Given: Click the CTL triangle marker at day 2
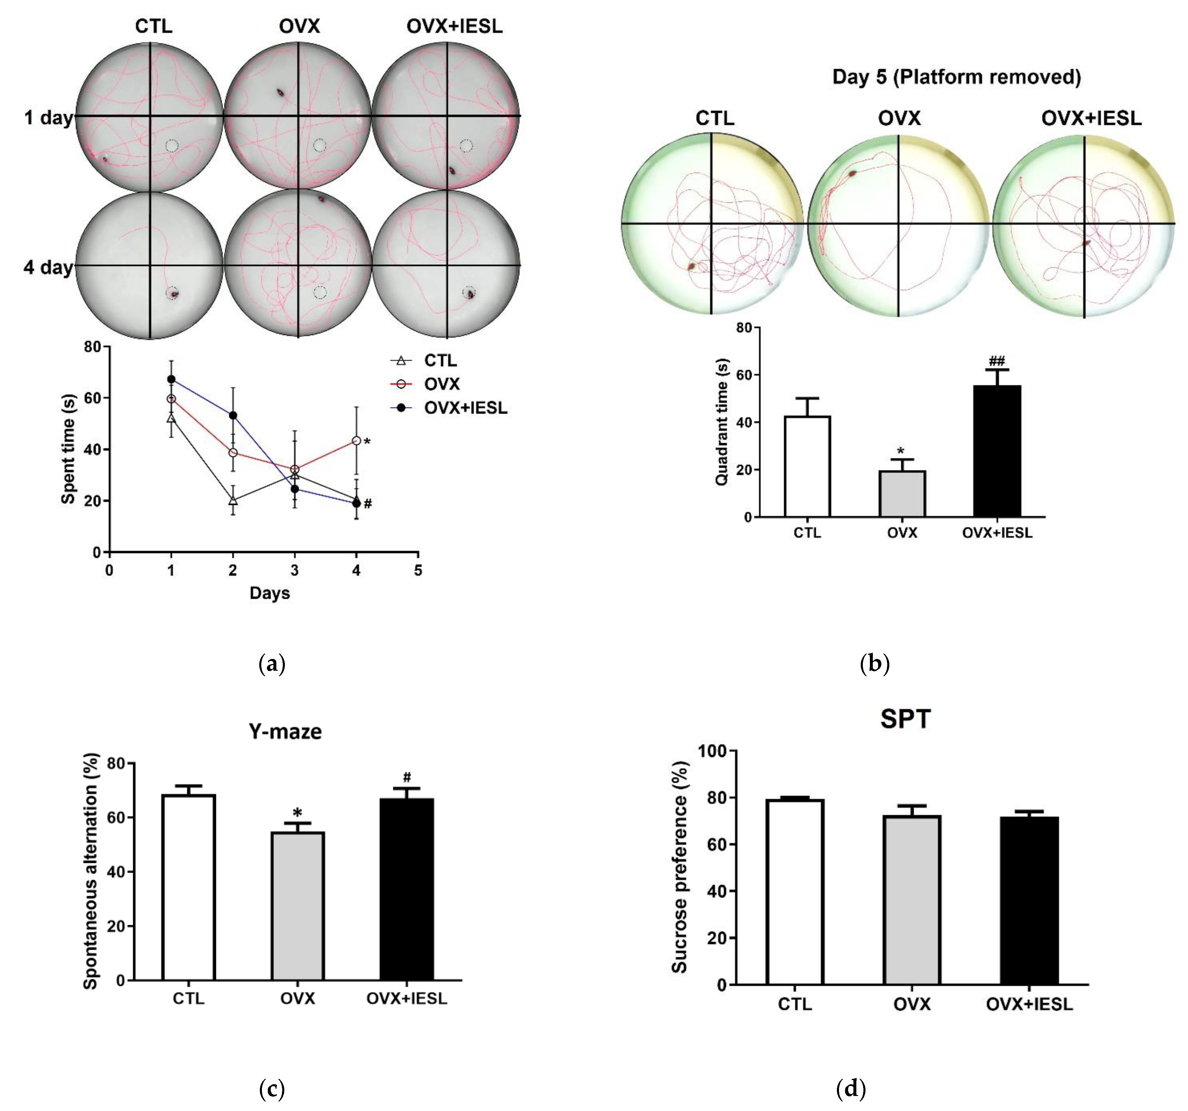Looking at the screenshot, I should tap(232, 500).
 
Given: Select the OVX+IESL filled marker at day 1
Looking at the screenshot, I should tap(171, 379).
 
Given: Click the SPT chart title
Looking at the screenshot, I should tap(905, 719).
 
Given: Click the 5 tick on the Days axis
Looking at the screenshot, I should tap(418, 571).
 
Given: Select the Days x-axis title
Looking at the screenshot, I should tap(270, 593).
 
